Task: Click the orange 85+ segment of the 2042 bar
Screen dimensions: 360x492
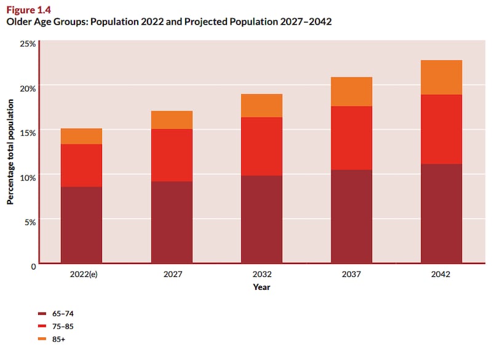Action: tap(441, 77)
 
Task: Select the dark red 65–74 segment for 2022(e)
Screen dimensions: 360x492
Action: tap(81, 225)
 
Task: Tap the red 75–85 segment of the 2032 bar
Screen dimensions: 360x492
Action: tap(261, 146)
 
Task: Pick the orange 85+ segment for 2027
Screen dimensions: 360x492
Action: tap(172, 120)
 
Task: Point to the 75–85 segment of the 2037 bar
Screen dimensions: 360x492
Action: tap(351, 138)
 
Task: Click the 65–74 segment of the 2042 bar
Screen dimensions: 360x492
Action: tap(441, 214)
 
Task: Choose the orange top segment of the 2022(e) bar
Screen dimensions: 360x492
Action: tap(81, 136)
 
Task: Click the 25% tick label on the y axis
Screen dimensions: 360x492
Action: tap(28, 44)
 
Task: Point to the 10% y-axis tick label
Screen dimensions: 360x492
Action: tap(28, 177)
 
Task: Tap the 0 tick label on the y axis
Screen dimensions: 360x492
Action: tap(33, 265)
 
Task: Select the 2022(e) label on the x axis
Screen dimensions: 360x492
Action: tap(81, 274)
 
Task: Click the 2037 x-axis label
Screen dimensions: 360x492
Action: tap(351, 274)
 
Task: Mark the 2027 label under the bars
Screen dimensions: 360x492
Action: tap(172, 274)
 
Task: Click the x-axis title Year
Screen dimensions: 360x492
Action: tap(261, 287)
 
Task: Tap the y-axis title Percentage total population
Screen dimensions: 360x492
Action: tap(10, 154)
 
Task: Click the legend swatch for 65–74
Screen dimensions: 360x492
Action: tap(42, 313)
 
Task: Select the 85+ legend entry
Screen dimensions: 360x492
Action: tap(60, 338)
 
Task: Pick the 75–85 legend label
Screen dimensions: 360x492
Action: tap(63, 326)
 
